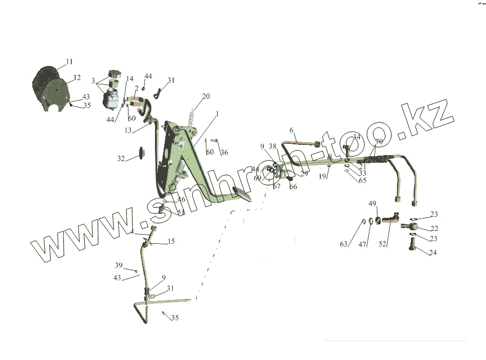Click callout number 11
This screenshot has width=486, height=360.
[x=69, y=62]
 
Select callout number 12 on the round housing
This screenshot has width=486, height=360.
[x=77, y=77]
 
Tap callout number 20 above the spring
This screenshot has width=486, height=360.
[x=205, y=97]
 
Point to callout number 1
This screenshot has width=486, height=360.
[x=217, y=114]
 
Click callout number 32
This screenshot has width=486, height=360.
[x=121, y=159]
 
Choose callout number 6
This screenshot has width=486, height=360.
[x=292, y=130]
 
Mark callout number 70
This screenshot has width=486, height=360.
[x=379, y=142]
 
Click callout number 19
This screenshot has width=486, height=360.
[x=322, y=176]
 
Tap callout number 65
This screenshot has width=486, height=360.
[x=362, y=181]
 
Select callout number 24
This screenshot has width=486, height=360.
[x=433, y=252]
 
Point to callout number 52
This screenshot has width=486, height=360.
[x=382, y=244]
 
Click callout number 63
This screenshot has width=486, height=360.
[x=343, y=244]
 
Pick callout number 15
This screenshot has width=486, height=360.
[x=171, y=241]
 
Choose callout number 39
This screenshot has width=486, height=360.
[x=119, y=265]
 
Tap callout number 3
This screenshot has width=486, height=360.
[x=93, y=81]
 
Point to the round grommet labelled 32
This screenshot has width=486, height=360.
[x=143, y=152]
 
